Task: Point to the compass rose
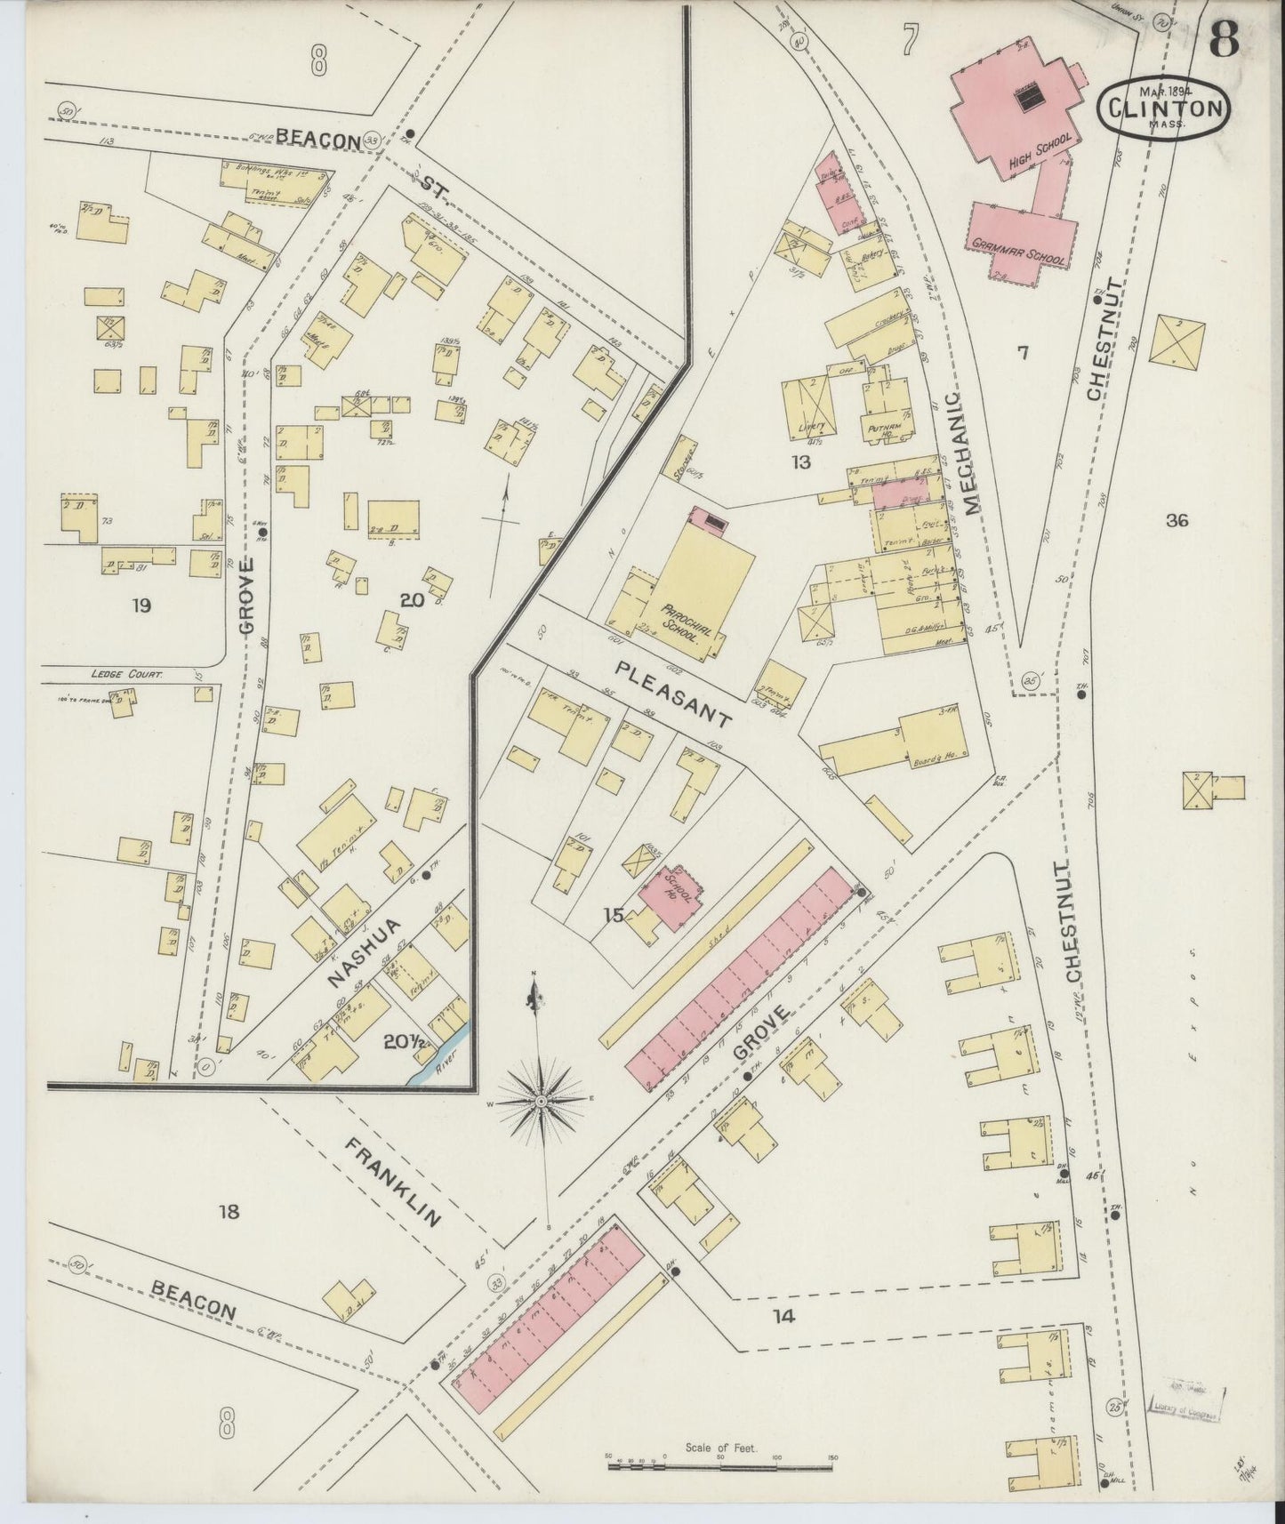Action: point(539,1100)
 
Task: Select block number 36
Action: point(1176,522)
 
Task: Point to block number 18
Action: point(229,1211)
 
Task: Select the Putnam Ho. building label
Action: point(886,429)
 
